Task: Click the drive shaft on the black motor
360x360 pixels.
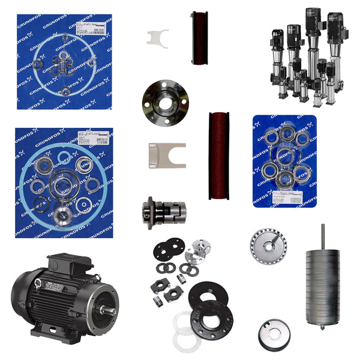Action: pos(110,310)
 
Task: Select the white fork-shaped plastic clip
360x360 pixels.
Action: pos(157,37)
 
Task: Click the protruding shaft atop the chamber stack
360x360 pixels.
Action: pos(322,235)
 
